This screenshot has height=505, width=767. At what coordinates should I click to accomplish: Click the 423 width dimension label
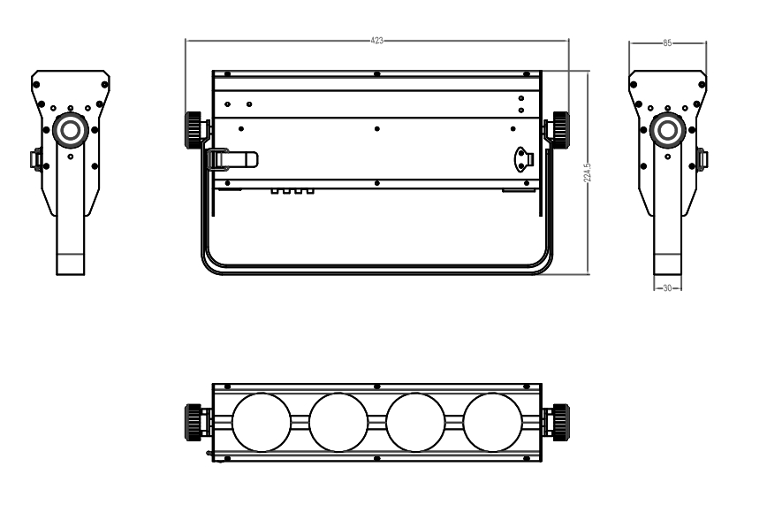(376, 41)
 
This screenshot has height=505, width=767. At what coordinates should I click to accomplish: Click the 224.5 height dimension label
(588, 172)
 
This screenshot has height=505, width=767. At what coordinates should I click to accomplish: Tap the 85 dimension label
(667, 43)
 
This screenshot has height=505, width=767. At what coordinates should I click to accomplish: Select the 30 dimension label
(667, 288)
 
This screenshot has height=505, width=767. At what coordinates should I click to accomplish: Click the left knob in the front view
(194, 130)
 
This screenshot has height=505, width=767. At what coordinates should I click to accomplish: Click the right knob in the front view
(561, 130)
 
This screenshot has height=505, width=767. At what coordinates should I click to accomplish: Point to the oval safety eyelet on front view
(523, 159)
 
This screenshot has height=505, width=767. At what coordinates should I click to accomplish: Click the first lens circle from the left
(262, 422)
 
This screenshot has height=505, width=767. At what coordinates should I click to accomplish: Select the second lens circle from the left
(338, 422)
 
